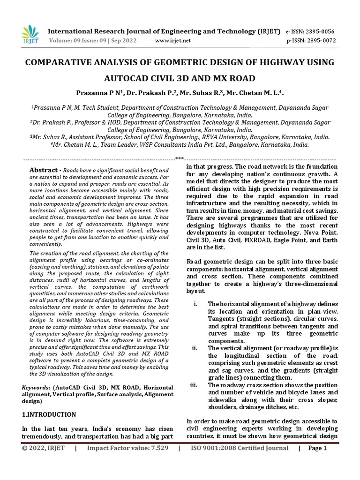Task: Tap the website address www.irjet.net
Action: pyautogui.click(x=173, y=41)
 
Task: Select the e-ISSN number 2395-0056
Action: pyautogui.click(x=318, y=31)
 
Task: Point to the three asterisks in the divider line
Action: pyautogui.click(x=180, y=158)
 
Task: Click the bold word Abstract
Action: pyautogui.click(x=44, y=170)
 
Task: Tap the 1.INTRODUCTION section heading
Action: pyautogui.click(x=49, y=414)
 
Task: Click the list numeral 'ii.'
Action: pyautogui.click(x=195, y=348)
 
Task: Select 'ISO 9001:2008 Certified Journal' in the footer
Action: pyautogui.click(x=240, y=448)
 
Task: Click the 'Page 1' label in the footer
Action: pyautogui.click(x=317, y=448)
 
